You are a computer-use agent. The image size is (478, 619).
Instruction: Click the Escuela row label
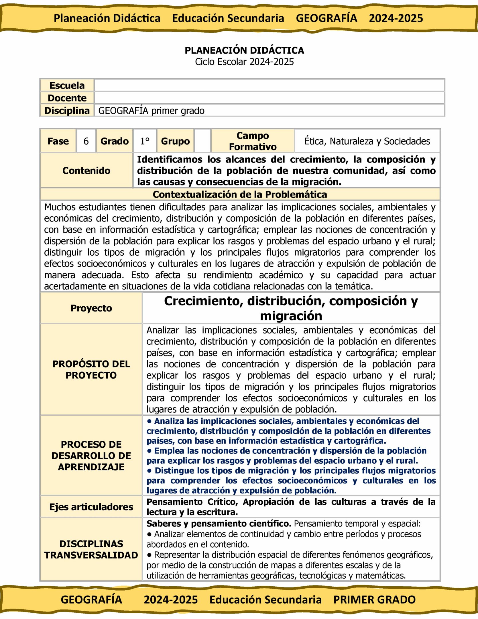point(67,85)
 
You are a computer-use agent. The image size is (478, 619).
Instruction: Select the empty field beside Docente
point(269,98)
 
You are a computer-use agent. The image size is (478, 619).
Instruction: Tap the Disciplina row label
point(67,111)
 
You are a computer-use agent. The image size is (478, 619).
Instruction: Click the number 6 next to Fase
point(86,141)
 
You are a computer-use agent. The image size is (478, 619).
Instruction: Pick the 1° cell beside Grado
point(145,141)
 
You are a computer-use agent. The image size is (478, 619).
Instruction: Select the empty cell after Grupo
point(202,141)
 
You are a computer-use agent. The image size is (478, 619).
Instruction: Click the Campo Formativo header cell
point(253,141)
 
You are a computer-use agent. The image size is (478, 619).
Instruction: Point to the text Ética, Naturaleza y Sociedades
point(367,141)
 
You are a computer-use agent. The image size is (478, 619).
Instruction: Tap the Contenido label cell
point(86,171)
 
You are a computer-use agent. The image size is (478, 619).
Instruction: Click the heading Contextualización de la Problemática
point(240,194)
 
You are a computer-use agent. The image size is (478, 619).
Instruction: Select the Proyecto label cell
point(91,308)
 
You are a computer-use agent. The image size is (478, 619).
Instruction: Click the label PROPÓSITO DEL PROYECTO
point(91,369)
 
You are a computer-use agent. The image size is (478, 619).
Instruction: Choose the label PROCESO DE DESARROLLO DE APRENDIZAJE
point(91,455)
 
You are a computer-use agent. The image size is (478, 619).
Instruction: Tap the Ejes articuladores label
point(91,507)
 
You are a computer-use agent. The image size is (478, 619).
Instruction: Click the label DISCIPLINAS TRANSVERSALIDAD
point(91,549)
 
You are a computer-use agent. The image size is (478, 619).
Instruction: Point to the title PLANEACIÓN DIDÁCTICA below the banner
point(244,50)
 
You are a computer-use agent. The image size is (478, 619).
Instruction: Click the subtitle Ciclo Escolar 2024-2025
point(244,62)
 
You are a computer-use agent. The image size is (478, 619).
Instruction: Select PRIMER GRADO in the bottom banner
point(374,600)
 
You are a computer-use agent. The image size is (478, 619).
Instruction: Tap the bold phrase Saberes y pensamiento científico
point(219,524)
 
